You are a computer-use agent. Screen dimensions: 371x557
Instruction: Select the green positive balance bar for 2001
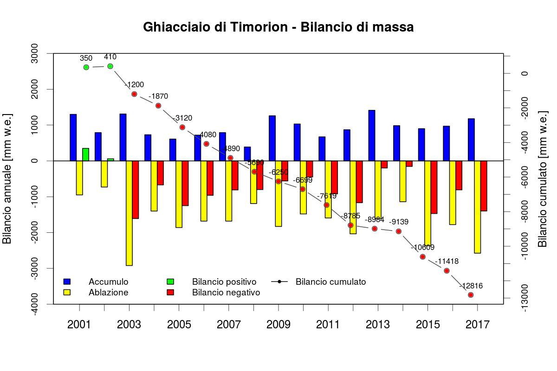tap(85, 155)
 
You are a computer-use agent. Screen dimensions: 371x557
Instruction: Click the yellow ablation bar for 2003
tap(129, 213)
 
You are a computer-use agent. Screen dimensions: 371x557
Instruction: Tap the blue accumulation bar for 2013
tap(371, 135)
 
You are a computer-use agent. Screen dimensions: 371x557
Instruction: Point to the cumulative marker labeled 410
tap(110, 66)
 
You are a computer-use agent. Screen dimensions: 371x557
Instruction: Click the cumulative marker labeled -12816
tap(471, 295)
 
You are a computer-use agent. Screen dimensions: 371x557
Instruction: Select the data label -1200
tap(134, 85)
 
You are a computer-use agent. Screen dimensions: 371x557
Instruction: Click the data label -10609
tap(422, 247)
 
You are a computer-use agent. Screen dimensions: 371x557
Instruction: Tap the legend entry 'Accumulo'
tap(108, 281)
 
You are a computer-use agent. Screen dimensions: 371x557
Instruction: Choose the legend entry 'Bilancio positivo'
tap(224, 281)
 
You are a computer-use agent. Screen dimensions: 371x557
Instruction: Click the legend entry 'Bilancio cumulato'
tap(330, 281)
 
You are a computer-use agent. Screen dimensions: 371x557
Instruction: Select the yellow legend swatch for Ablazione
tap(67, 293)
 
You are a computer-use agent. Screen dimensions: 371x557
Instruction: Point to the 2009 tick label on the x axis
tap(278, 324)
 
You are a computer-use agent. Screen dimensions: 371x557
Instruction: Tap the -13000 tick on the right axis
tap(525, 298)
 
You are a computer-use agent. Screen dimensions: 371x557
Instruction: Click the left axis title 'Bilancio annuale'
tap(8, 178)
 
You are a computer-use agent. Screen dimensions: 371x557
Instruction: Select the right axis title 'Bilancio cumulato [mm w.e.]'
tap(543, 179)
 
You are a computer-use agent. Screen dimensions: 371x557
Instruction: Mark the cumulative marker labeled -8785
tap(351, 225)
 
